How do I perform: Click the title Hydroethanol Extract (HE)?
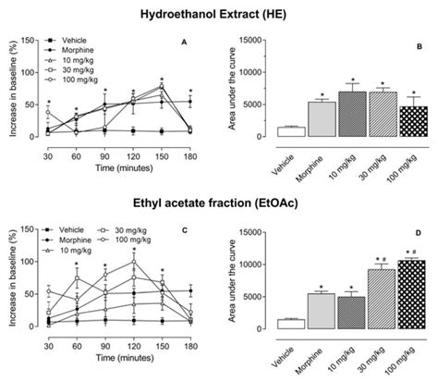pos(219,15)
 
